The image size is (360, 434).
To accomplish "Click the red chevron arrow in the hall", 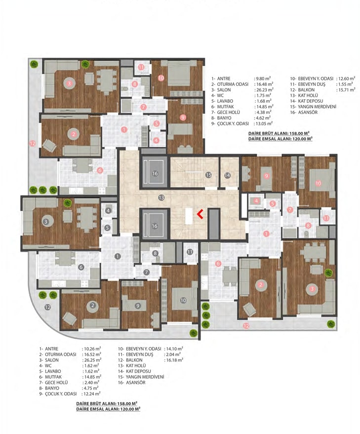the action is click(x=200, y=214).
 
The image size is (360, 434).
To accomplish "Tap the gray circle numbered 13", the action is click(x=161, y=197).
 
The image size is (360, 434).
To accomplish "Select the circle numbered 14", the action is click(x=227, y=175).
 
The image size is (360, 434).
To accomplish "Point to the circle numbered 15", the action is click(x=208, y=175).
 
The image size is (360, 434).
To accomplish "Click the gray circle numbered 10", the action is click(x=183, y=300).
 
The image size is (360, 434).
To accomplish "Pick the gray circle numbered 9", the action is click(x=138, y=306).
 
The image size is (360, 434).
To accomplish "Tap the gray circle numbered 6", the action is click(x=81, y=267).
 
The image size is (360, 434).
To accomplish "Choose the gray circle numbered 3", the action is click(x=46, y=221).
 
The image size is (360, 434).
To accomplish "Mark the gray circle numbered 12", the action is click(x=47, y=307).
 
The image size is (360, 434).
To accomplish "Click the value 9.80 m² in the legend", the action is click(x=263, y=79).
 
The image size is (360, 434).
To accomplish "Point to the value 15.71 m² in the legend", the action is click(x=346, y=90).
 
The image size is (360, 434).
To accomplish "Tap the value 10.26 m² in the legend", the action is click(x=91, y=349).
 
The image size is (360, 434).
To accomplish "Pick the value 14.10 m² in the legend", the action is click(x=173, y=349).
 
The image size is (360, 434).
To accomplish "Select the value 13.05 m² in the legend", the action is click(x=263, y=123).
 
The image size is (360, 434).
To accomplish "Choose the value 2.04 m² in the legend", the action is click(x=172, y=355).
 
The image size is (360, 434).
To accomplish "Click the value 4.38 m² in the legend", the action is click(x=263, y=112).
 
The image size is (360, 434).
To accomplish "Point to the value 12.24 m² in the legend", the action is click(x=91, y=394).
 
